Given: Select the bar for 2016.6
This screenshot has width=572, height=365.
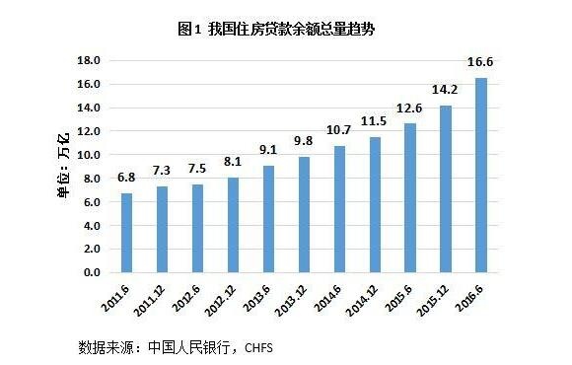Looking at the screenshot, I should [x=481, y=175].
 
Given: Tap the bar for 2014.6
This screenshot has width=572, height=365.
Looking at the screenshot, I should [x=339, y=208].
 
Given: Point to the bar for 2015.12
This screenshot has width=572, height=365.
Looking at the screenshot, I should [x=446, y=188].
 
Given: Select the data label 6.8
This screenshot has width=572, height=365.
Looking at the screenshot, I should [x=126, y=179].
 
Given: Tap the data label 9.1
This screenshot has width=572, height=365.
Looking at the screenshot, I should [x=268, y=151].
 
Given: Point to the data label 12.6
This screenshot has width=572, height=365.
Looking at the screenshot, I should [x=410, y=109].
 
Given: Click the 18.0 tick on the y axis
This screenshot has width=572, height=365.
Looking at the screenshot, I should [x=91, y=61].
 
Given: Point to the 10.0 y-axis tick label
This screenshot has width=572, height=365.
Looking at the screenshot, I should [x=91, y=155].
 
